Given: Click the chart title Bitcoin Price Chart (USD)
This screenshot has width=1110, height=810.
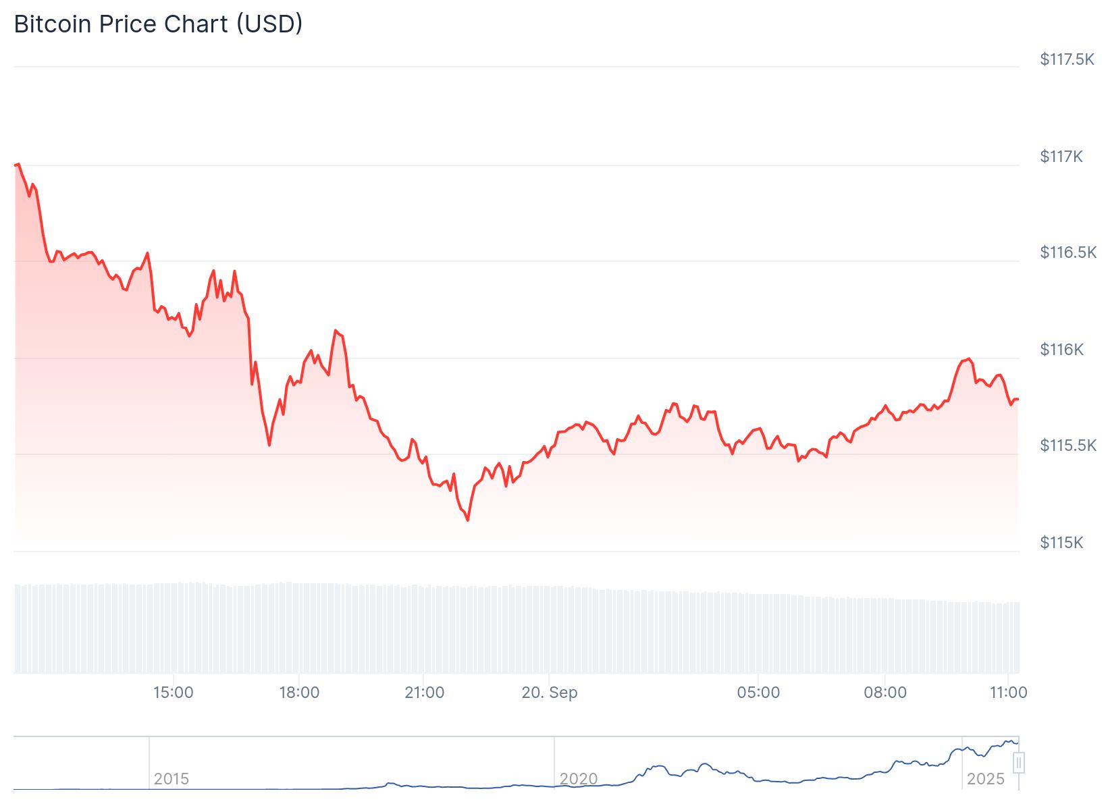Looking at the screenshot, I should click(x=158, y=24).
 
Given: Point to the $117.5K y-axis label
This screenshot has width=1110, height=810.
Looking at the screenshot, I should click(x=1067, y=59).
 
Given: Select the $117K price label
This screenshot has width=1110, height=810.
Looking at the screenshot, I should click(x=1061, y=157).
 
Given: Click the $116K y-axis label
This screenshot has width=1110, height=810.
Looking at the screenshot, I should click(x=1061, y=350).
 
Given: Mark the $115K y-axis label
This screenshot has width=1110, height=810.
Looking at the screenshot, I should click(x=1061, y=543).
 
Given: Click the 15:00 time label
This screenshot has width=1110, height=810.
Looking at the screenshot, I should click(x=174, y=693).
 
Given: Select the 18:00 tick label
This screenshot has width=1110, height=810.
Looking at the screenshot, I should click(x=299, y=693).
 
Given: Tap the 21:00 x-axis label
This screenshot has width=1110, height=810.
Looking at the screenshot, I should click(x=425, y=693).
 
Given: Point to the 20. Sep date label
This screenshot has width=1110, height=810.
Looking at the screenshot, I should click(x=550, y=693).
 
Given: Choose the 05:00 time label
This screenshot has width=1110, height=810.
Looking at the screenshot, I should click(x=758, y=693).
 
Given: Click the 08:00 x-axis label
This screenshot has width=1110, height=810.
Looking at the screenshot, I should click(x=885, y=693).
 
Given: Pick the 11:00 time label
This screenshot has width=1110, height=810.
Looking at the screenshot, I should click(x=1009, y=693).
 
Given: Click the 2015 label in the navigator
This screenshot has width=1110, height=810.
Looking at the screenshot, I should click(x=171, y=779).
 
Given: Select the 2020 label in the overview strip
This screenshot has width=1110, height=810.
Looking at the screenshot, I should click(x=579, y=779).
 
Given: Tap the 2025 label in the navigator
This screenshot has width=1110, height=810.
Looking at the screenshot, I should click(x=986, y=779).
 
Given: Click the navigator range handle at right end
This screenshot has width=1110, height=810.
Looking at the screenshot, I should click(x=1019, y=763).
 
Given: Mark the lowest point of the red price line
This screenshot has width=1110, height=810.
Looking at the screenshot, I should click(x=468, y=520).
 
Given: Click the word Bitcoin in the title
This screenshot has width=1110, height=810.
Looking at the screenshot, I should click(x=53, y=24).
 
